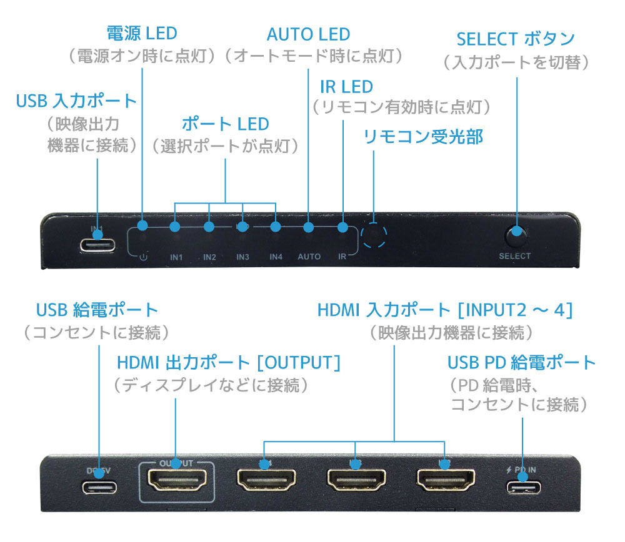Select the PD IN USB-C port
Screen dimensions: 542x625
click(524, 487)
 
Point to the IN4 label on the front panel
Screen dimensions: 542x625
click(276, 257)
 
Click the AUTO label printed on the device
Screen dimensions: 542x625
click(309, 257)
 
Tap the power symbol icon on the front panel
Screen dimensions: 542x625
click(143, 256)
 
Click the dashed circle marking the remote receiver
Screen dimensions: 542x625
click(374, 236)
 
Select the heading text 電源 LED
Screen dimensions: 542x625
click(142, 33)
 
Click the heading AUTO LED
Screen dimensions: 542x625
click(308, 34)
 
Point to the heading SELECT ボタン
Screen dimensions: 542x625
click(516, 39)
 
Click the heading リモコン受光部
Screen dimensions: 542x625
click(423, 137)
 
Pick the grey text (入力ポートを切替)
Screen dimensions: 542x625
click(516, 62)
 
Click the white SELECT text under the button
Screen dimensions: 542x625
click(515, 256)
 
